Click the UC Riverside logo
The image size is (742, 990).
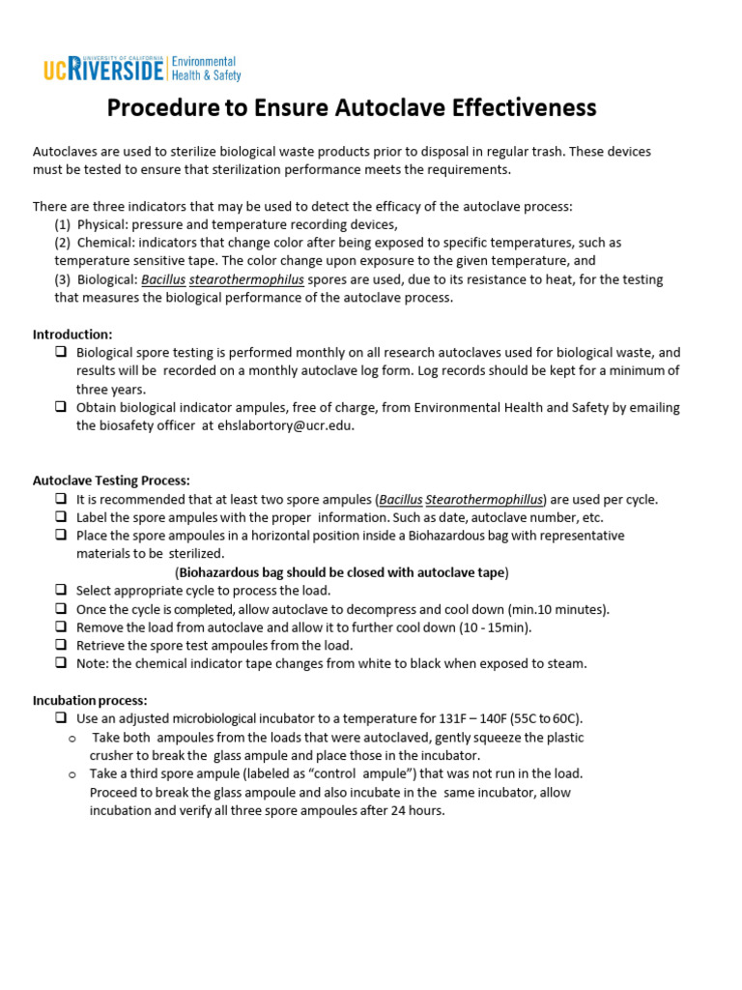(141, 69)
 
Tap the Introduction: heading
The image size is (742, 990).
(72, 335)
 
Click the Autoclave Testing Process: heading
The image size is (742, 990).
(111, 480)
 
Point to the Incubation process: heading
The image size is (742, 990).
(90, 700)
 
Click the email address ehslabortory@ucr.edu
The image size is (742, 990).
(292, 425)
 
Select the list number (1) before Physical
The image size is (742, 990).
(63, 224)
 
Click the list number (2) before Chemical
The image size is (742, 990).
(63, 243)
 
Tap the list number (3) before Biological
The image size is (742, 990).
(63, 279)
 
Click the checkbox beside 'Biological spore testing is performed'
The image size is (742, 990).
(61, 353)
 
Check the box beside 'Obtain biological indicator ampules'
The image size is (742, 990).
(61, 408)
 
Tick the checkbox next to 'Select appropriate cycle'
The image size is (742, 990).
(61, 591)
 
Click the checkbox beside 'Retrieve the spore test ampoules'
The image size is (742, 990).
(61, 646)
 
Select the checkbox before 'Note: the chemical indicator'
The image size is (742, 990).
(61, 664)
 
